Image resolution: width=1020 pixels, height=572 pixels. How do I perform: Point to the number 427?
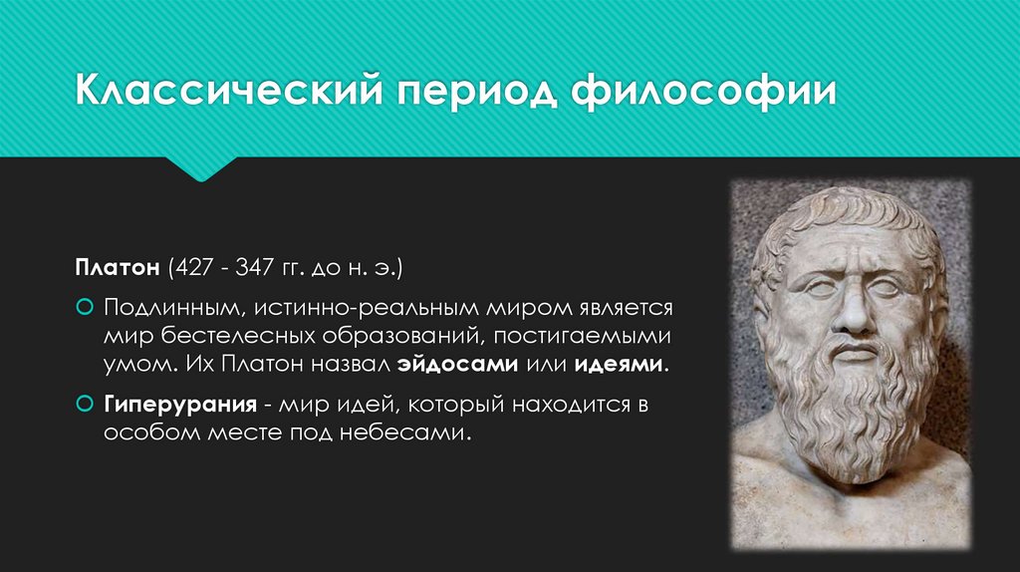tap(194, 268)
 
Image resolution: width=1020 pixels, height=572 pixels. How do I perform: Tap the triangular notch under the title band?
tap(203, 168)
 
